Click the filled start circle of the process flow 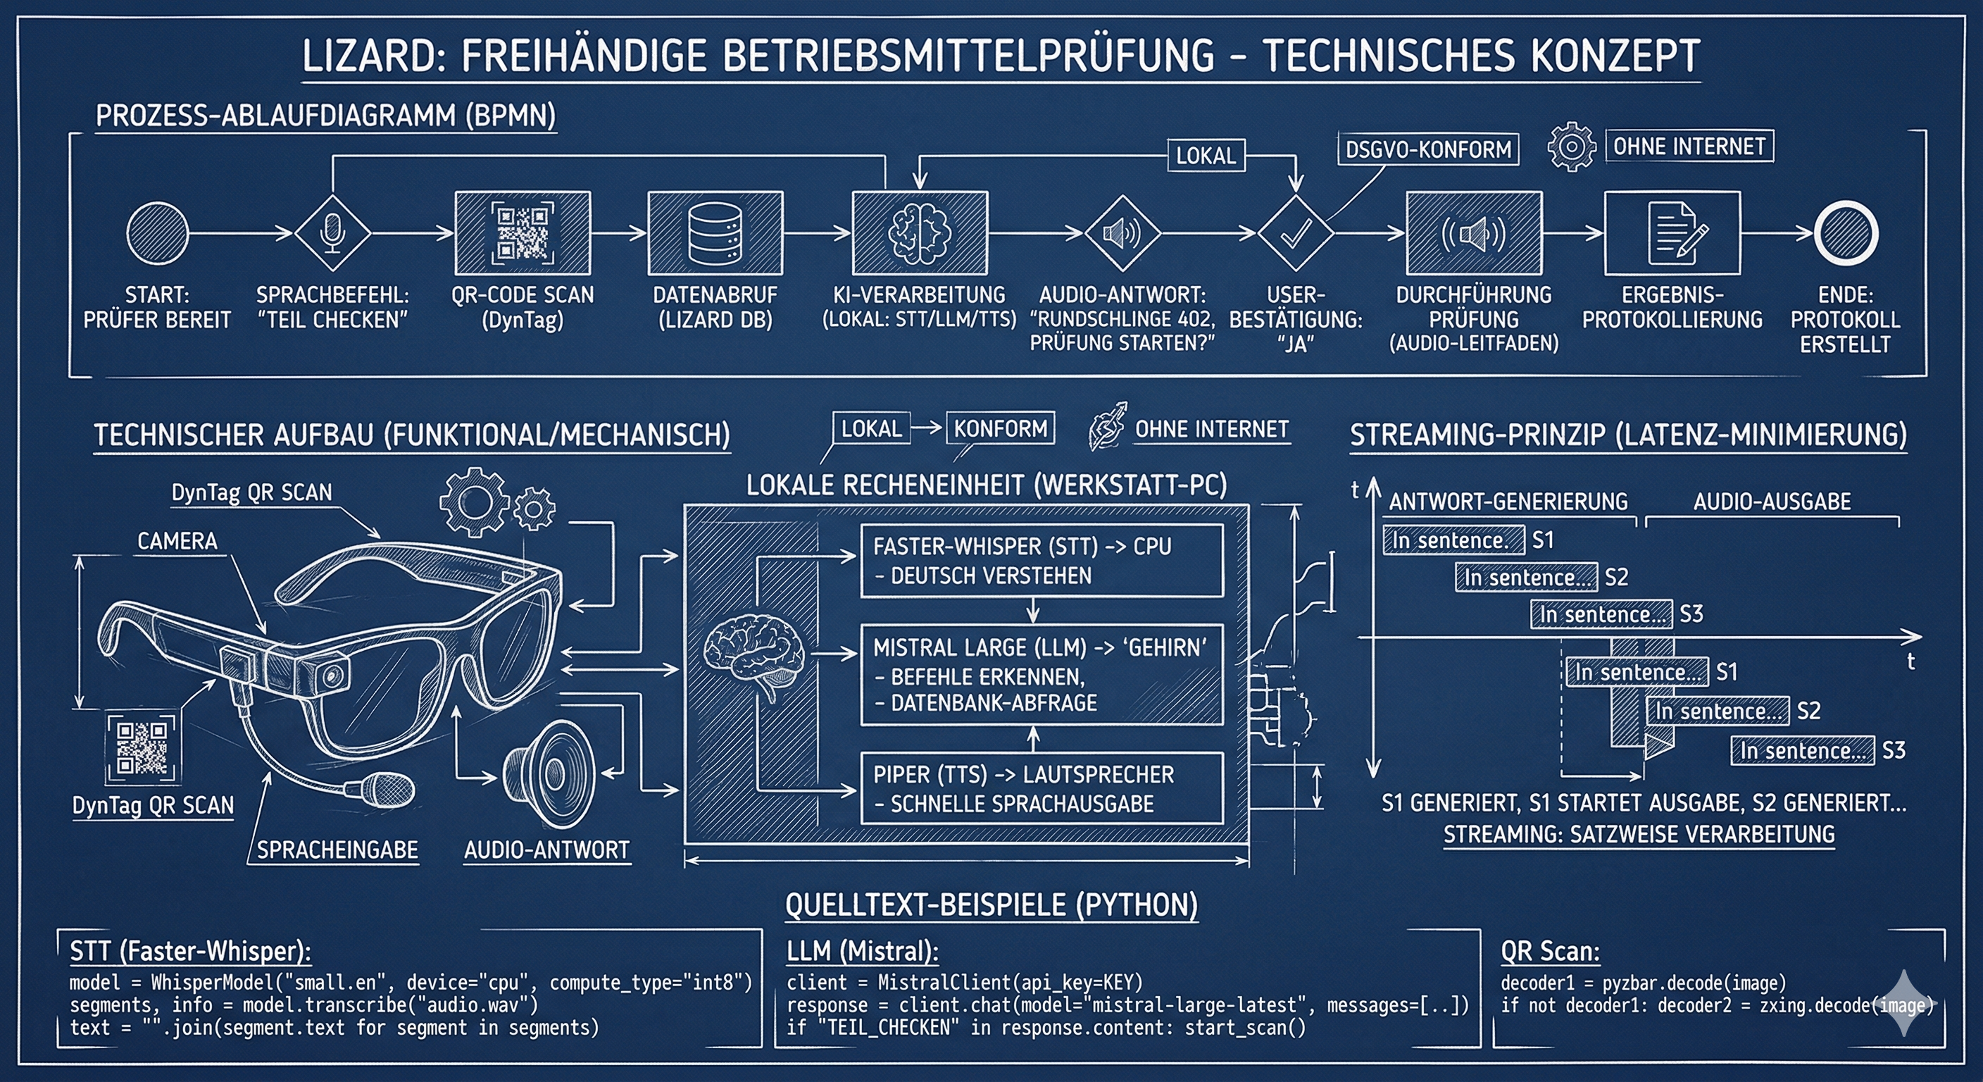point(157,233)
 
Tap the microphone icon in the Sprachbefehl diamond point(332,232)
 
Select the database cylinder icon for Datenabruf point(715,233)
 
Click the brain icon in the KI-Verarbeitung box point(919,232)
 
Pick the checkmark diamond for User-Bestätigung point(1296,232)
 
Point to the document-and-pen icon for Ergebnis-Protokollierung point(1672,233)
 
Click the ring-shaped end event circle point(1846,233)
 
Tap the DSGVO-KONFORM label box point(1428,149)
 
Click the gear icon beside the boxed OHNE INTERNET point(1571,147)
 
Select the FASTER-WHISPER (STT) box point(1041,561)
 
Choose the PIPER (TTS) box point(1041,788)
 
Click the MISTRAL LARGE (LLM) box point(1041,675)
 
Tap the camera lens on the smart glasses point(332,676)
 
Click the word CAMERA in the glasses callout point(177,542)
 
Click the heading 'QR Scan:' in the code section point(1550,952)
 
